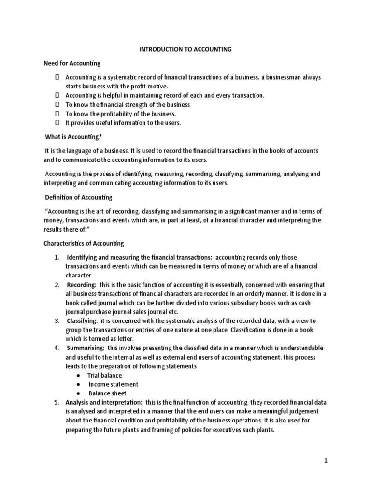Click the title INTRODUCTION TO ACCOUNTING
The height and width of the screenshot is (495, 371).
coord(185,49)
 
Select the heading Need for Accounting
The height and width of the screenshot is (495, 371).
coord(72,63)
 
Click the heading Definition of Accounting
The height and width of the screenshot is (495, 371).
coord(78,197)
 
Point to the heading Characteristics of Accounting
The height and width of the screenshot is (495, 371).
coord(84,243)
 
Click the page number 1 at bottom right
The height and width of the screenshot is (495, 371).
coord(326,461)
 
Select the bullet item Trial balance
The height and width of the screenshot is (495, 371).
coord(104,375)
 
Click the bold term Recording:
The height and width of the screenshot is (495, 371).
coord(82,285)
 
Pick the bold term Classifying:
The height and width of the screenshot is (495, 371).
coord(83,321)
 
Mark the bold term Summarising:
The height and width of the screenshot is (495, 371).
coord(86,348)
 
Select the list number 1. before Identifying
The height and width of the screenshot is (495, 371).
coord(57,257)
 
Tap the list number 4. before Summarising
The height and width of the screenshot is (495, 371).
coord(57,348)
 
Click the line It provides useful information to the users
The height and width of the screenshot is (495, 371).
coord(123,123)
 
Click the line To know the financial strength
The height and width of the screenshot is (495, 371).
coord(128,105)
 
